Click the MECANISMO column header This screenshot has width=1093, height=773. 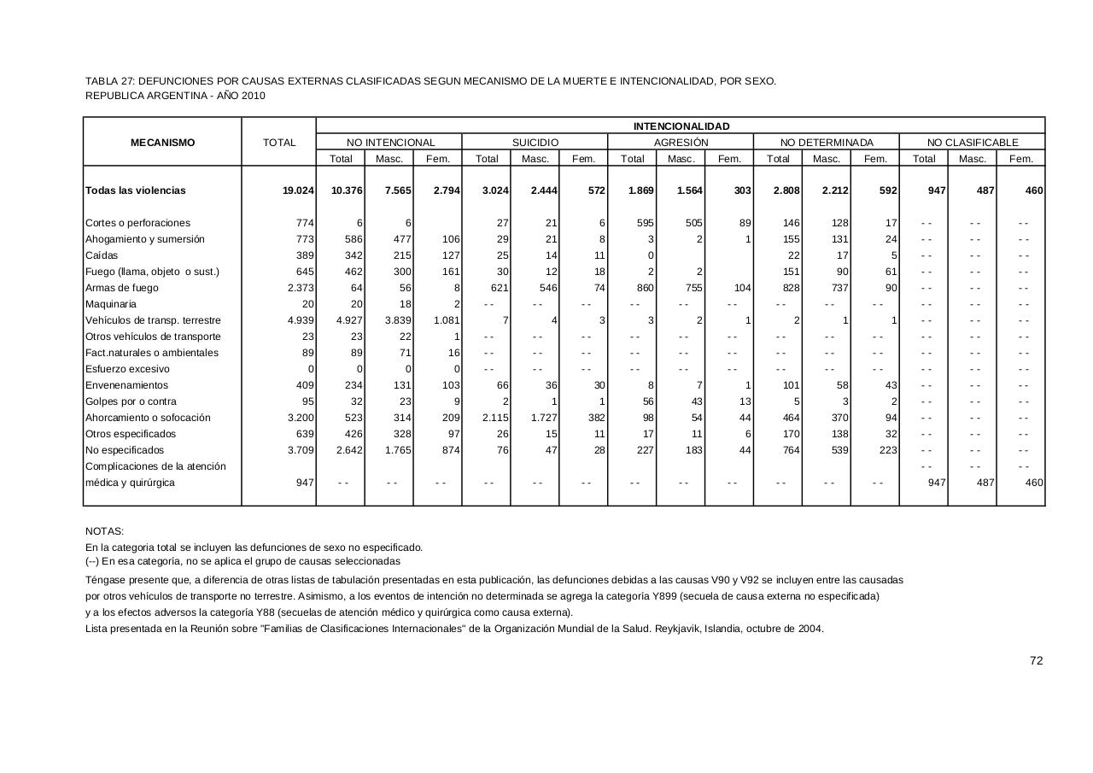click(162, 143)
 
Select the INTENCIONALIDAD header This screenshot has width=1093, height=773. click(681, 126)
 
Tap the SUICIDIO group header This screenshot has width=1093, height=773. click(535, 143)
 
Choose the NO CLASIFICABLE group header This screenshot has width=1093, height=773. click(973, 143)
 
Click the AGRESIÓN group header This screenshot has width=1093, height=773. click(681, 143)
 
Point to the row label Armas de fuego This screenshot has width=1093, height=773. click(122, 288)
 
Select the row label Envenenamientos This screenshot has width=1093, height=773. click(127, 385)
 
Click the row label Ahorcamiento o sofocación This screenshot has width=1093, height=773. click(148, 418)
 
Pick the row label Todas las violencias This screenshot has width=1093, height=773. click(135, 190)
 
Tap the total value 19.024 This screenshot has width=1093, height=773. click(298, 190)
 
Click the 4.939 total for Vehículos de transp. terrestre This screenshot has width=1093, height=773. click(300, 320)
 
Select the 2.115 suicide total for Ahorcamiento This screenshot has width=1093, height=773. click(494, 418)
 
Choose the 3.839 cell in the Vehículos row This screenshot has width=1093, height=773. click(396, 320)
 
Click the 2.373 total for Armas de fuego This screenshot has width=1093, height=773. click(300, 288)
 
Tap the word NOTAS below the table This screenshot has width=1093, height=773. click(104, 531)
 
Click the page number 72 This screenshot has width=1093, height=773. click(1037, 660)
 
